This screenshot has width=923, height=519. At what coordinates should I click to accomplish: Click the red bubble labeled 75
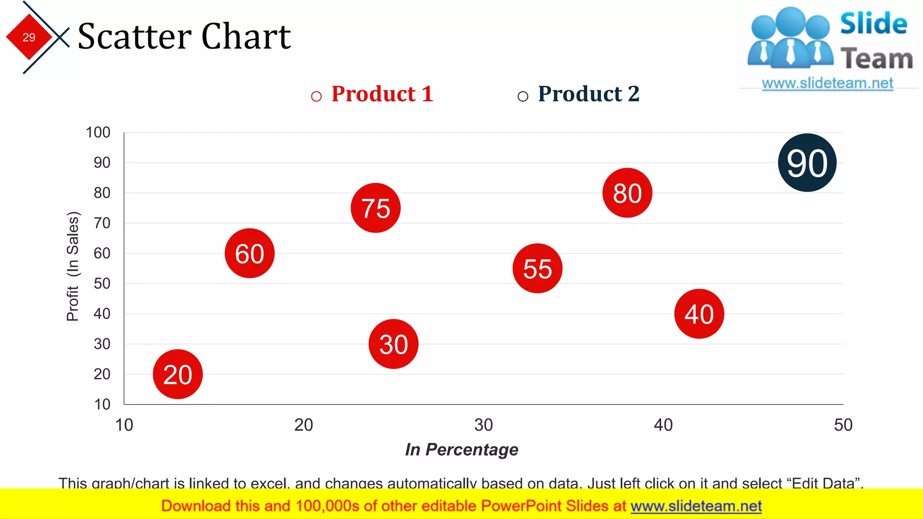click(375, 208)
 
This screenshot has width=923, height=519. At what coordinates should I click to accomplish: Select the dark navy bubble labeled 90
click(807, 163)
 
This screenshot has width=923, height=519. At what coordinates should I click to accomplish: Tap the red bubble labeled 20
click(178, 374)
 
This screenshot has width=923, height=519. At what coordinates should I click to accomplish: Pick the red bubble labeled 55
click(537, 269)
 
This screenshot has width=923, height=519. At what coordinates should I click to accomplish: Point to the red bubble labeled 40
click(699, 314)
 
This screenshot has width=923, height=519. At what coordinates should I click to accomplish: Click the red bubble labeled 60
click(250, 253)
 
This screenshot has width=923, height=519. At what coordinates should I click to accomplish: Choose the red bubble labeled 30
click(393, 344)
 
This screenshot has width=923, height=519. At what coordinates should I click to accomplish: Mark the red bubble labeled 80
click(627, 193)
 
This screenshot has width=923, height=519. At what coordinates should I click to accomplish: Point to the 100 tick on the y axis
click(98, 132)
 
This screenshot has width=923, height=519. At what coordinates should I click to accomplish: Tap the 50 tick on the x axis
click(843, 425)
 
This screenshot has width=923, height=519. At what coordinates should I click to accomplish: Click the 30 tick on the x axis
click(484, 425)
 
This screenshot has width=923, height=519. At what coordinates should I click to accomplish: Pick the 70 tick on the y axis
click(102, 223)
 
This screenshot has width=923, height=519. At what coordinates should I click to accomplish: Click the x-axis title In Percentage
click(461, 449)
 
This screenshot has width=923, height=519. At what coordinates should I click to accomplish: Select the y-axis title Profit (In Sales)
click(73, 266)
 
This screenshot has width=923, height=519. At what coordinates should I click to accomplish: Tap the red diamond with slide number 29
click(29, 37)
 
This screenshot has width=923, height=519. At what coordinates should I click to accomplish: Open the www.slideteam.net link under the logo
click(827, 83)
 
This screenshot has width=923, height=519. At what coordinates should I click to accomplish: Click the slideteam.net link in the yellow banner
click(696, 506)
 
